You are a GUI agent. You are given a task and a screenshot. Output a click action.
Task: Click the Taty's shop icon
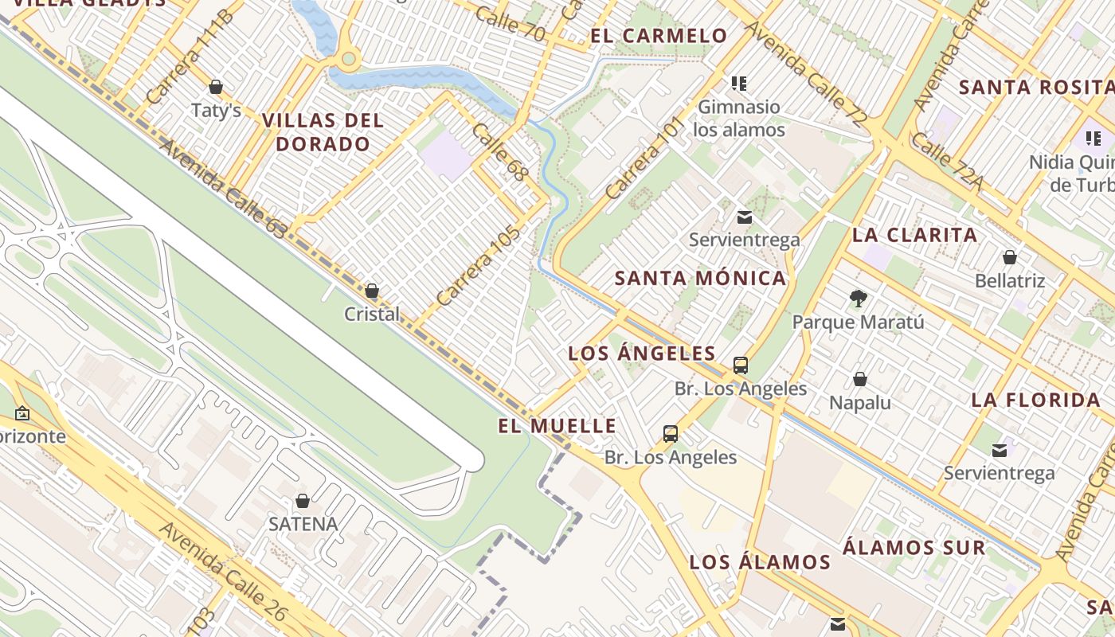[216, 86]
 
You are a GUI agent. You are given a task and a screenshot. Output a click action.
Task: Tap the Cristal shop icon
[372, 291]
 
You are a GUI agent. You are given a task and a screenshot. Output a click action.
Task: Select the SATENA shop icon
[303, 501]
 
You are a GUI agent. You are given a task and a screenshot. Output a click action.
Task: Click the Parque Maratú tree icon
[858, 299]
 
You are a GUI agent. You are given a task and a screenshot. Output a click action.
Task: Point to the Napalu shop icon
[860, 379]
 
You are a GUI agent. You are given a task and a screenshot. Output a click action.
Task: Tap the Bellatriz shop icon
[1010, 257]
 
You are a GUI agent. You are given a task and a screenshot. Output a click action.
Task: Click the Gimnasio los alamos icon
[739, 83]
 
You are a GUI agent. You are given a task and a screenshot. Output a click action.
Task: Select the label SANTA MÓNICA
[701, 278]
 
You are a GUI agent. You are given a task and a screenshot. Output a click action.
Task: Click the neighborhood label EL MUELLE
[557, 426]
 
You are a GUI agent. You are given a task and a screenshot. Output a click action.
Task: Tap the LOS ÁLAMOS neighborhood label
[760, 562]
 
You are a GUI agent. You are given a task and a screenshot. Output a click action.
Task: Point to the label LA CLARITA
[915, 235]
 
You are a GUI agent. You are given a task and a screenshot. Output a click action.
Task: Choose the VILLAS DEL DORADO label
[323, 132]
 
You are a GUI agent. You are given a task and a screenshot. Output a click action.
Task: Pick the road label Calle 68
[500, 151]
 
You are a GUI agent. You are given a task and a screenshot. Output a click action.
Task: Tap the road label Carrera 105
[478, 266]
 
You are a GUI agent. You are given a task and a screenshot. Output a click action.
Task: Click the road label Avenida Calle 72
[804, 73]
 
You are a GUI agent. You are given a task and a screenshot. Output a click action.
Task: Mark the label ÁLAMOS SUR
[914, 548]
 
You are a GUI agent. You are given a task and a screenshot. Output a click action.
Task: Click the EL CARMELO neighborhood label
[659, 36]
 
